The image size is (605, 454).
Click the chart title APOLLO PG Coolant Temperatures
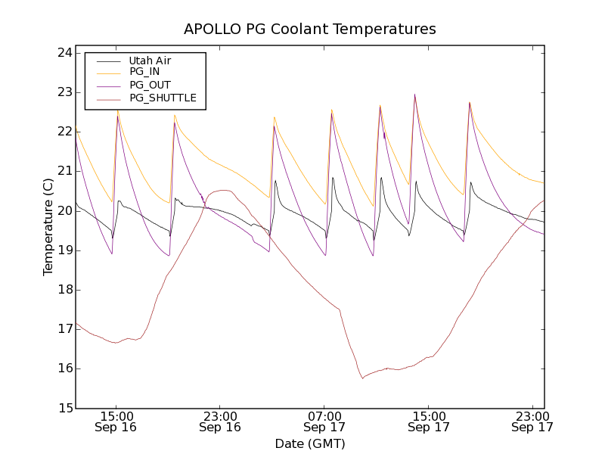[310, 30]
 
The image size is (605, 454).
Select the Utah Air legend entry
[150, 61]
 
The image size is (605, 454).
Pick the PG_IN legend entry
[144, 72]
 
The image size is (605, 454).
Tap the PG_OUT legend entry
[150, 85]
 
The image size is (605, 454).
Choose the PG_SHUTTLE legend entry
[163, 98]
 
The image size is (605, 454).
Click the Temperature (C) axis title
[48, 227]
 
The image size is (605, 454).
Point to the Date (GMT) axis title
[310, 443]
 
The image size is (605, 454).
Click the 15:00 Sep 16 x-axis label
[116, 421]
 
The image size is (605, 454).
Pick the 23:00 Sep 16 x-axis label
[220, 421]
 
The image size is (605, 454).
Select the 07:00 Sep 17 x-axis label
[324, 421]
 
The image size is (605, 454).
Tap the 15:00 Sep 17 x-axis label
[428, 421]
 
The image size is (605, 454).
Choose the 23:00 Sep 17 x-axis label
[532, 421]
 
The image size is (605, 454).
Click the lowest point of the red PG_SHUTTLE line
[362, 378]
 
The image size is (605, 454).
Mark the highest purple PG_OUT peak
[414, 95]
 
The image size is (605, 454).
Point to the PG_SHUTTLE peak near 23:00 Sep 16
[225, 190]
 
